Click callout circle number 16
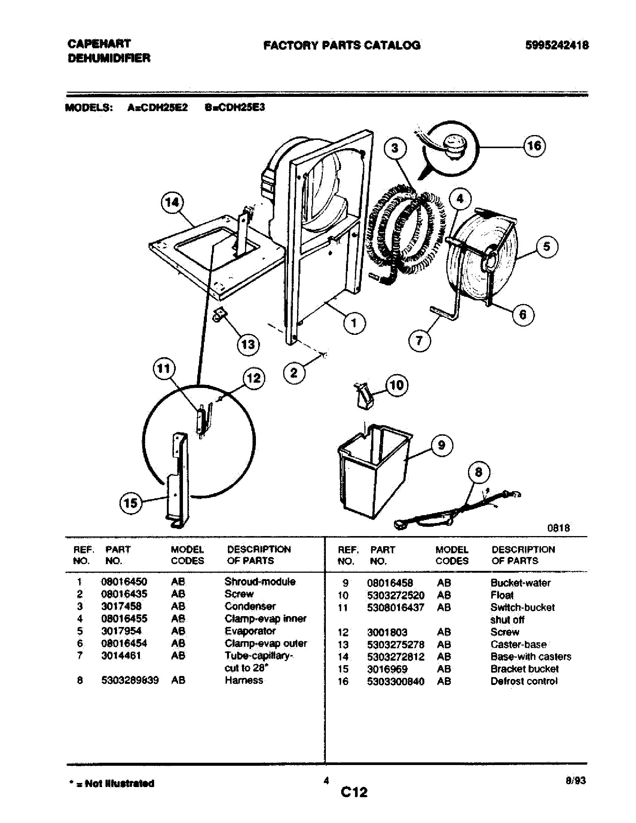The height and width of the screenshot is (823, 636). (x=534, y=146)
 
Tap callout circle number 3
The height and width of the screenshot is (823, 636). (x=394, y=148)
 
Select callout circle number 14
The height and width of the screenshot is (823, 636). (x=172, y=203)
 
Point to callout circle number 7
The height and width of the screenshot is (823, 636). (x=419, y=341)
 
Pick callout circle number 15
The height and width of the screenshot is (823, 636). (x=130, y=503)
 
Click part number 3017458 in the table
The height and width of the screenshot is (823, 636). (x=121, y=606)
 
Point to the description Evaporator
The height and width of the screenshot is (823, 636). (x=250, y=631)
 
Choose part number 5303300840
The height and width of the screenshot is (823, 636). (x=395, y=681)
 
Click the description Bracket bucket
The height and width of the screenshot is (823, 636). (x=524, y=669)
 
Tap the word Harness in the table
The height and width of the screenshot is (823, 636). (x=244, y=680)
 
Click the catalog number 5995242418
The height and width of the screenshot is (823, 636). (x=557, y=46)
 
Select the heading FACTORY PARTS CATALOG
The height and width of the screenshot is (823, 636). (x=341, y=46)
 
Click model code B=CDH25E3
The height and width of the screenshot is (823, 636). (x=235, y=107)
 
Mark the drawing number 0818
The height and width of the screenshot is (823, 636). (x=559, y=528)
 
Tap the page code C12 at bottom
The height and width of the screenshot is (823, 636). (x=354, y=792)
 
